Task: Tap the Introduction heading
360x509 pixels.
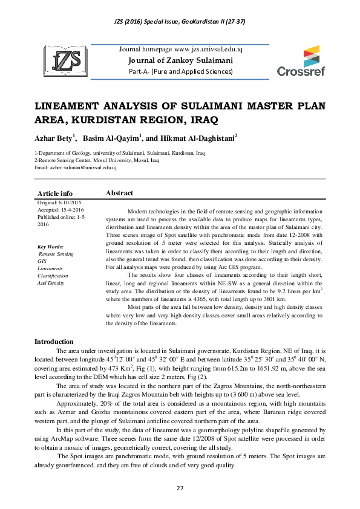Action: (54, 342)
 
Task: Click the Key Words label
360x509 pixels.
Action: (50, 247)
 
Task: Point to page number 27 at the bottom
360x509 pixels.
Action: (180, 488)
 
